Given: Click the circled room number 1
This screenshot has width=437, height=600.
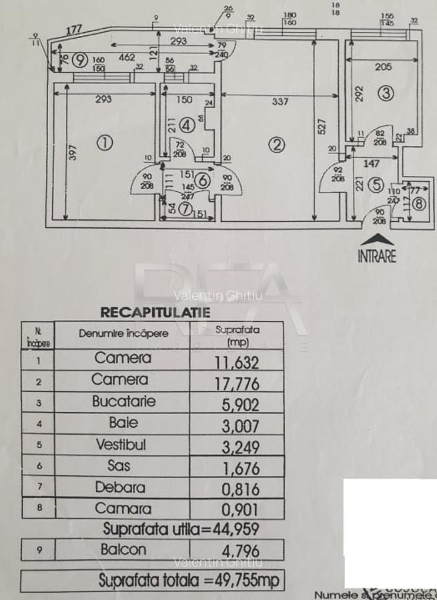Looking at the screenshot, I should [103, 142].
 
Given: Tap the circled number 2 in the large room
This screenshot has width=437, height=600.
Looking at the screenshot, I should [278, 143].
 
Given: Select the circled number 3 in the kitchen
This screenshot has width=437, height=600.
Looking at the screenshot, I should [386, 93].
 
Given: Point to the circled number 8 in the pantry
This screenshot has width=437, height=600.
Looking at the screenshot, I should [418, 203].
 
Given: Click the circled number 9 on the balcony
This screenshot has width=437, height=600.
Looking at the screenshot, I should [80, 60].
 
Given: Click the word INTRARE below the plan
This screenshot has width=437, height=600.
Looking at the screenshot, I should [376, 256].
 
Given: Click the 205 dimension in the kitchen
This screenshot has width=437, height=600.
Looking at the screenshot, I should [383, 67].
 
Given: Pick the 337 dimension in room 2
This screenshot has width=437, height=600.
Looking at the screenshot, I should [280, 101].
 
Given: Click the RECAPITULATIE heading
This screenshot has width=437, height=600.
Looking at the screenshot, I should [155, 312].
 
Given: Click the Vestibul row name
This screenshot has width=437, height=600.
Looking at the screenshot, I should [121, 444].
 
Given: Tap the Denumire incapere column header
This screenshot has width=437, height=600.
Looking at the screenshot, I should [123, 334].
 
